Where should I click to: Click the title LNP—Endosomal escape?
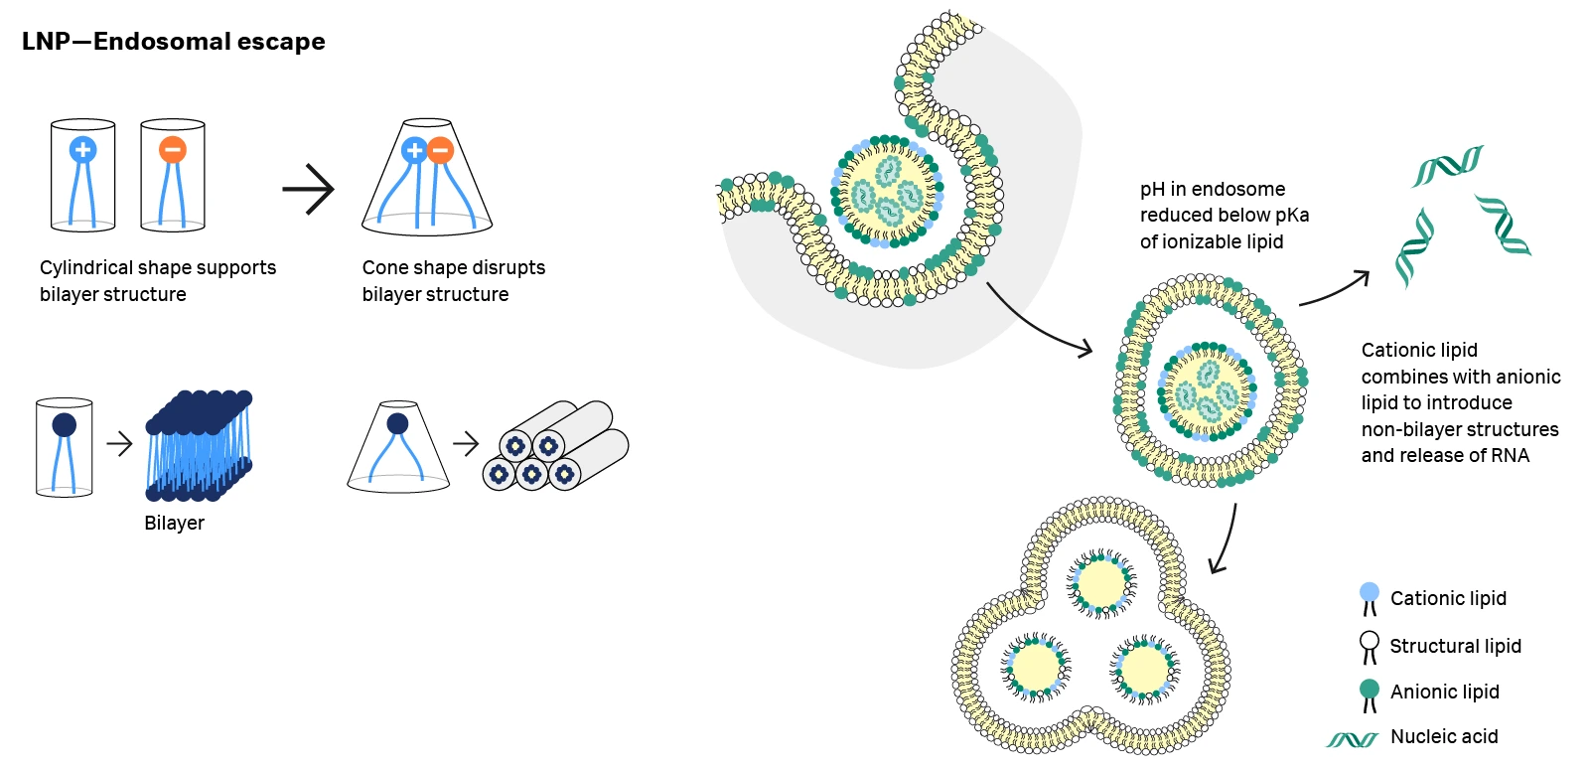point(174,42)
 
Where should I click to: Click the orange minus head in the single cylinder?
point(173,150)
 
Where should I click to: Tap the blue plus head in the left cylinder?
point(82,150)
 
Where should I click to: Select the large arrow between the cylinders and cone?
point(308,189)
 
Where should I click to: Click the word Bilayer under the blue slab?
point(174,524)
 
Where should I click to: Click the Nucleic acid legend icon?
point(1352,739)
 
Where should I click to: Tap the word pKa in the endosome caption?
point(1292,216)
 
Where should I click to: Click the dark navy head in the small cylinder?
point(64,426)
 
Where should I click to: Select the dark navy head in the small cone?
point(397,424)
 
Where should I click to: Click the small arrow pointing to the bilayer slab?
point(119,444)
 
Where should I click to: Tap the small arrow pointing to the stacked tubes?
point(466,443)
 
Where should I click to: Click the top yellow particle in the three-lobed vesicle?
point(1100,583)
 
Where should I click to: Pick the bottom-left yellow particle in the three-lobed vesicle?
point(1036,668)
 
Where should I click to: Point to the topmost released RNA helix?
point(1447,165)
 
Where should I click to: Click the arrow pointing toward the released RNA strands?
point(1335,290)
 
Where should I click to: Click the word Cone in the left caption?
point(383,268)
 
